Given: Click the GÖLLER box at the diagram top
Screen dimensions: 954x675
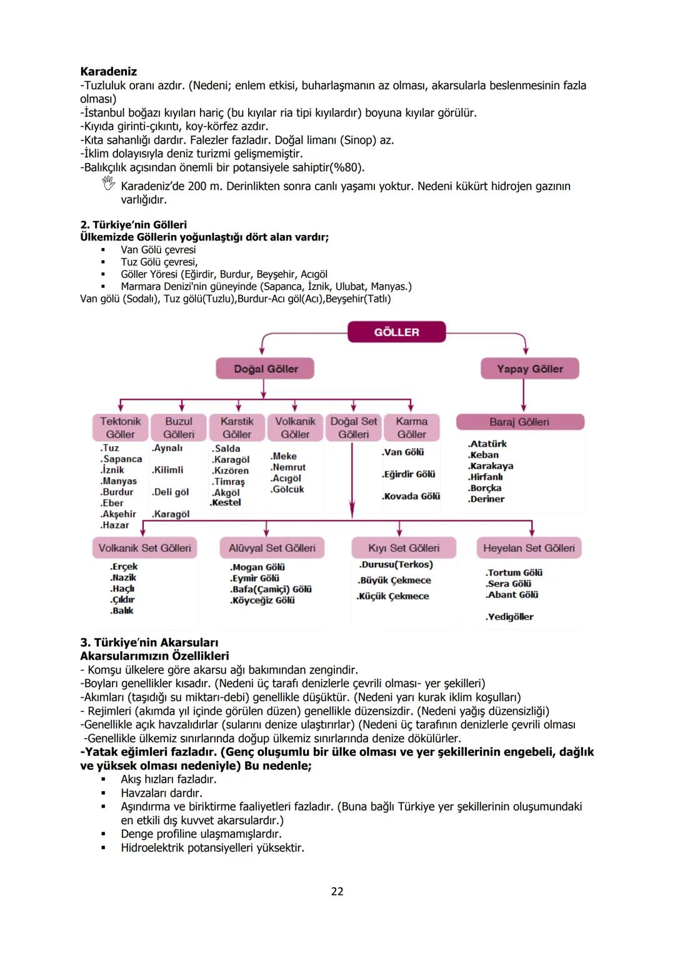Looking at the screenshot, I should (396, 332).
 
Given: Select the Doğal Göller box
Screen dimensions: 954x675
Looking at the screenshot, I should (265, 369).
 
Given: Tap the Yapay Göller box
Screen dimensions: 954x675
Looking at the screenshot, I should (529, 369).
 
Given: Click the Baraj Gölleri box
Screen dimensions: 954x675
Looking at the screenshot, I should (519, 422).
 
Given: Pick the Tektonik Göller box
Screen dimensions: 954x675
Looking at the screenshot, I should (120, 428).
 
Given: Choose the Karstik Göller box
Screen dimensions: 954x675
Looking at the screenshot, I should (237, 428).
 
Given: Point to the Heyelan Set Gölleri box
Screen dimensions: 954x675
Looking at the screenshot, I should (529, 548).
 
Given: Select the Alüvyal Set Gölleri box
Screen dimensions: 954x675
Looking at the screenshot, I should (272, 548).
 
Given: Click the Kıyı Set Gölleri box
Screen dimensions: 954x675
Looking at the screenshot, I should (404, 548).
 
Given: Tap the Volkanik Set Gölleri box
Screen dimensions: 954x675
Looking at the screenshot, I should (144, 548).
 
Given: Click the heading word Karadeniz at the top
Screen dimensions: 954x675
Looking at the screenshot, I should (108, 72).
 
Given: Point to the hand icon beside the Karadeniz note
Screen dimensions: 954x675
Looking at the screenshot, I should (109, 184).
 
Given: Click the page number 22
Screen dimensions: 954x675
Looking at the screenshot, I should (337, 892).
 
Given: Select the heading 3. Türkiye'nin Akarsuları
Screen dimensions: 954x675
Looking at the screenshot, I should (149, 642).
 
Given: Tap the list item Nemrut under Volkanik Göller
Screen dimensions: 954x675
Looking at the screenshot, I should (289, 467).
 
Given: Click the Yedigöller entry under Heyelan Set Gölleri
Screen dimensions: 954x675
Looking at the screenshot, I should (510, 617).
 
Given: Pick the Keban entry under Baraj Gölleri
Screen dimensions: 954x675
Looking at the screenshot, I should (484, 455).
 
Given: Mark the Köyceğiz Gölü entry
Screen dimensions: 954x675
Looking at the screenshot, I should (262, 600).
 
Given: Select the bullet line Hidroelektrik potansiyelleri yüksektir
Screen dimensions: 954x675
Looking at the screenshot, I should (212, 848).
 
